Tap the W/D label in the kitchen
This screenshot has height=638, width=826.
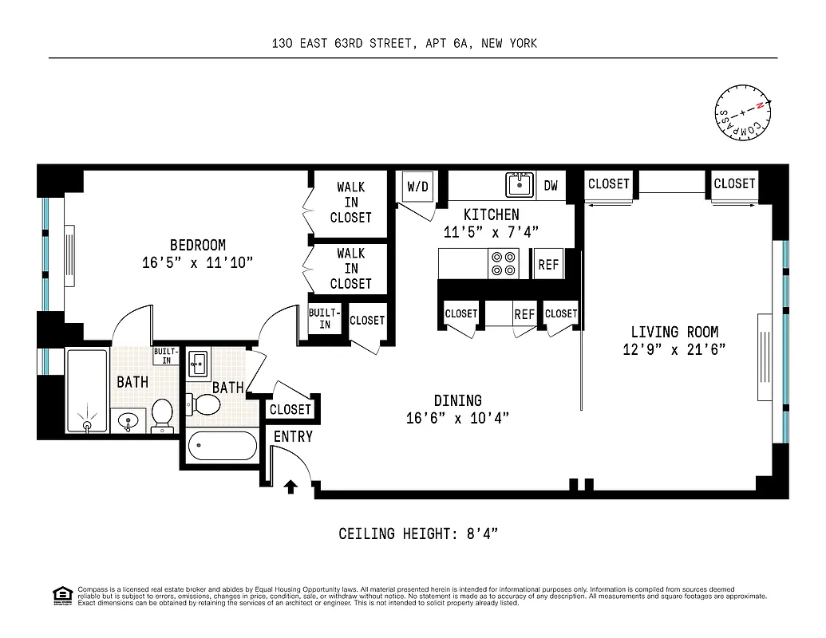418,187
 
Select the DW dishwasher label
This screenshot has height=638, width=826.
551,186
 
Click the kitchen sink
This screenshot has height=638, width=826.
520,184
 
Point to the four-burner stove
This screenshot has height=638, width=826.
504,264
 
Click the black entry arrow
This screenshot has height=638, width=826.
291,486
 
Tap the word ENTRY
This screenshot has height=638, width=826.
293,437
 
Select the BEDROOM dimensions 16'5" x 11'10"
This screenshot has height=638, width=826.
197,262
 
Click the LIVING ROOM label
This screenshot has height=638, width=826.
674,332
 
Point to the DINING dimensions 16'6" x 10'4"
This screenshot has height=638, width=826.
457,418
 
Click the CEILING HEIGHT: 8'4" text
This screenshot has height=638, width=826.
418,534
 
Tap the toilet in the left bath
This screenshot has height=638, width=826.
162,413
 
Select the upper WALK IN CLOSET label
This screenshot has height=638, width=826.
351,202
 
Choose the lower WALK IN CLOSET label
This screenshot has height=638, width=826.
351,268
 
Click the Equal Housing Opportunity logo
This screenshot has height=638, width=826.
61,595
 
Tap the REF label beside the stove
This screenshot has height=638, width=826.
548,265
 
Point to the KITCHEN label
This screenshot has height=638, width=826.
492,215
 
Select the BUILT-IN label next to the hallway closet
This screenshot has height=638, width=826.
325,319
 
